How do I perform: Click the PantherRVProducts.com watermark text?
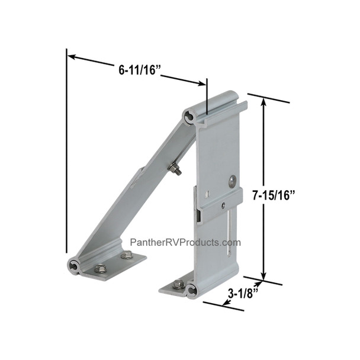tap(185, 243)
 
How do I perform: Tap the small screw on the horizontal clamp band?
tap(223, 205)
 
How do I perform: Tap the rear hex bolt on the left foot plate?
tap(126, 256)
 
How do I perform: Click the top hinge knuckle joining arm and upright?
tap(189, 117)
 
